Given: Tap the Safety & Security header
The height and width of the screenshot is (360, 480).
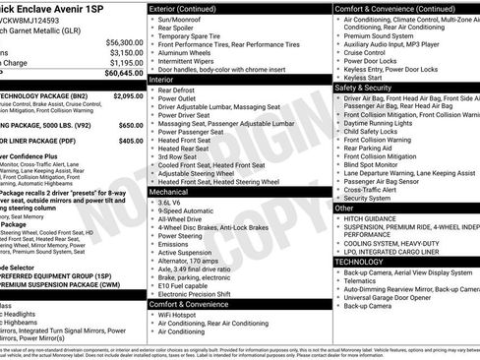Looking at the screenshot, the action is pos(370,86).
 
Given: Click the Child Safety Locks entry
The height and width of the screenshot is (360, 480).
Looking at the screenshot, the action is pos(380,131).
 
